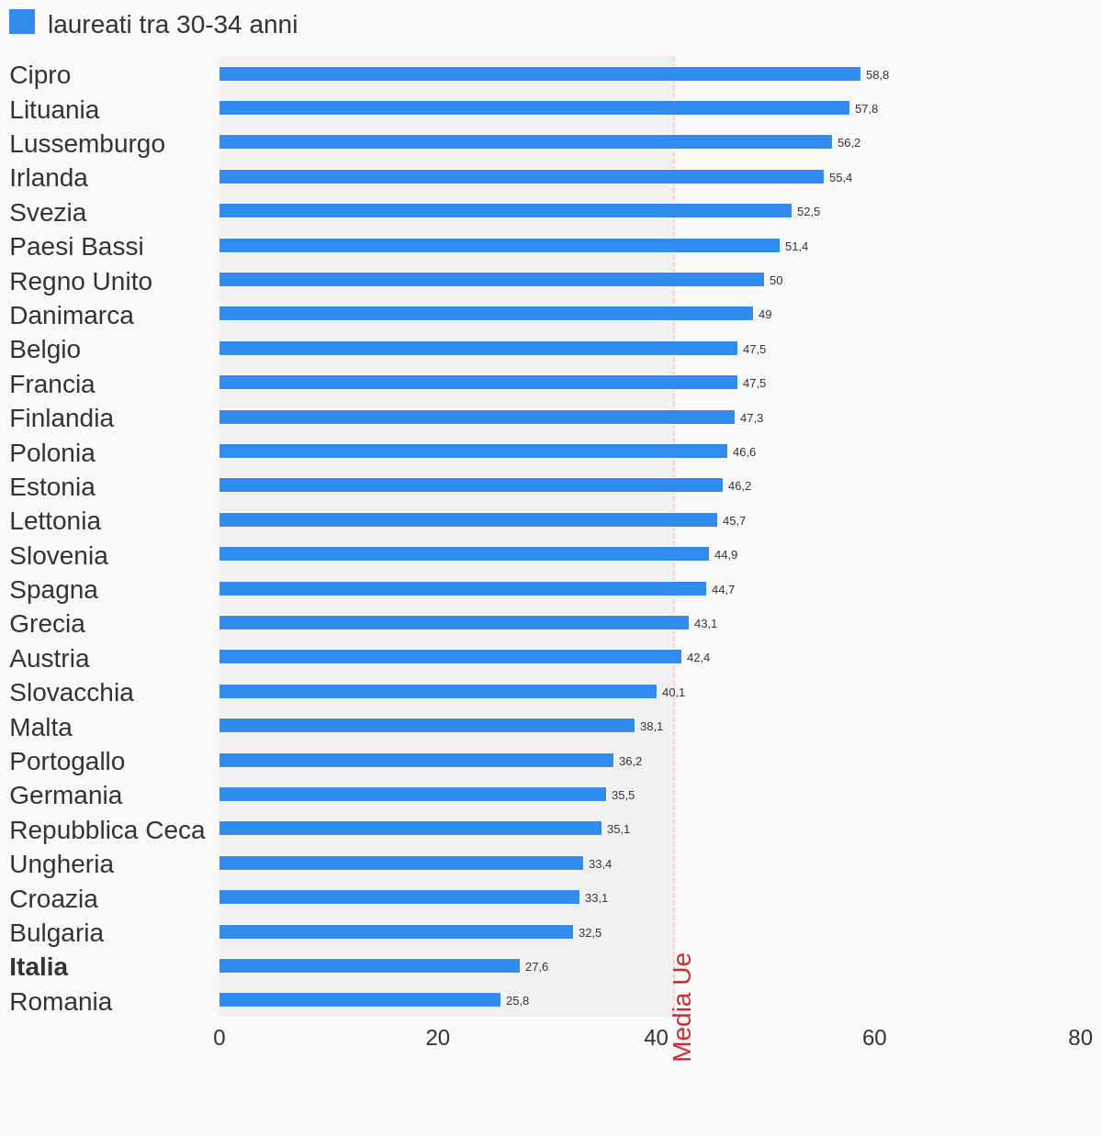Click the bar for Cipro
539,74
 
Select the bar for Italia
369,966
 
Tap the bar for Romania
359,1000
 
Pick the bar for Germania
412,795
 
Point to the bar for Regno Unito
491,280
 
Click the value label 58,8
877,75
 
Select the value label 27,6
536,967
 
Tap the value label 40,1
673,693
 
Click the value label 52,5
808,212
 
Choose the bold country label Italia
39,967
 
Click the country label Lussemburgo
87,144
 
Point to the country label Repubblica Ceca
107,830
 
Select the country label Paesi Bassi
76,247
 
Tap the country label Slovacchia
72,693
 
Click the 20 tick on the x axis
437,1038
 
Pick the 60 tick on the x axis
874,1038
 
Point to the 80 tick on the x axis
1080,1038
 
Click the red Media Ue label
682,1007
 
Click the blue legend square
22,22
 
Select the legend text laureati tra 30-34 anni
173,25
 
